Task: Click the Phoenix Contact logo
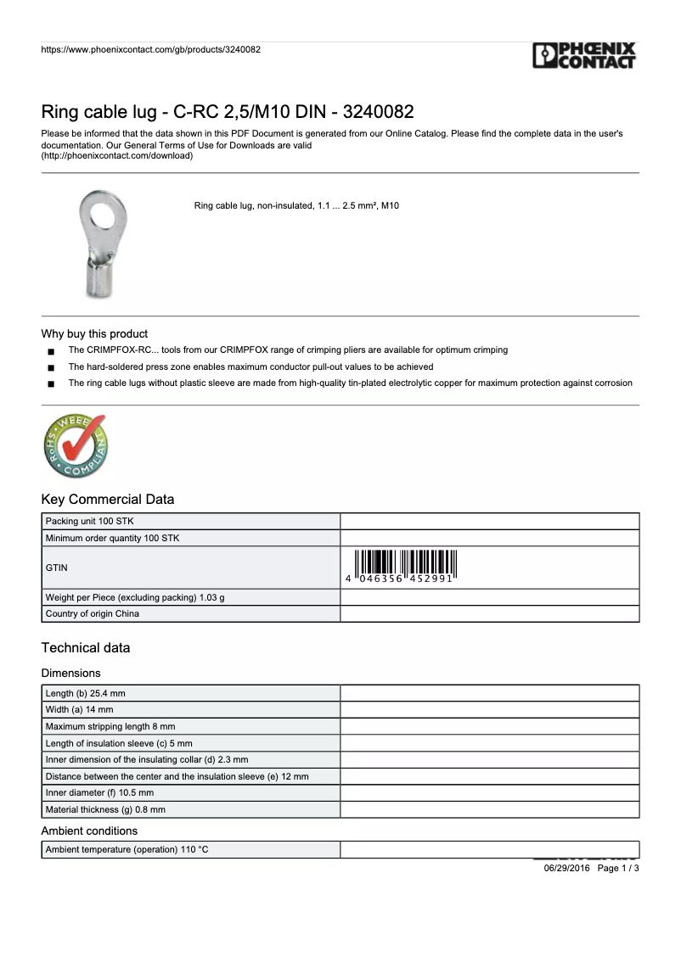point(584,55)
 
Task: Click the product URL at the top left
point(151,49)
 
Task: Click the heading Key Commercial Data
point(108,500)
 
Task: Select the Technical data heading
point(86,648)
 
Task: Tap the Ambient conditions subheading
point(89,831)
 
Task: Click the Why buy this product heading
point(94,333)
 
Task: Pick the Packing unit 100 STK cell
point(190,522)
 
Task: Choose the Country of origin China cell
point(190,613)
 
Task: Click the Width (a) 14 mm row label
point(190,709)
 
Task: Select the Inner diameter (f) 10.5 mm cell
point(190,792)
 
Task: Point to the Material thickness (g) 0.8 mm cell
point(190,809)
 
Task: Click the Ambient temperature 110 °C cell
point(190,849)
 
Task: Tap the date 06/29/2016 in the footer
point(566,869)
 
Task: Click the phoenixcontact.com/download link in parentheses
point(117,156)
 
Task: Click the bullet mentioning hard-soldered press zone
point(250,366)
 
